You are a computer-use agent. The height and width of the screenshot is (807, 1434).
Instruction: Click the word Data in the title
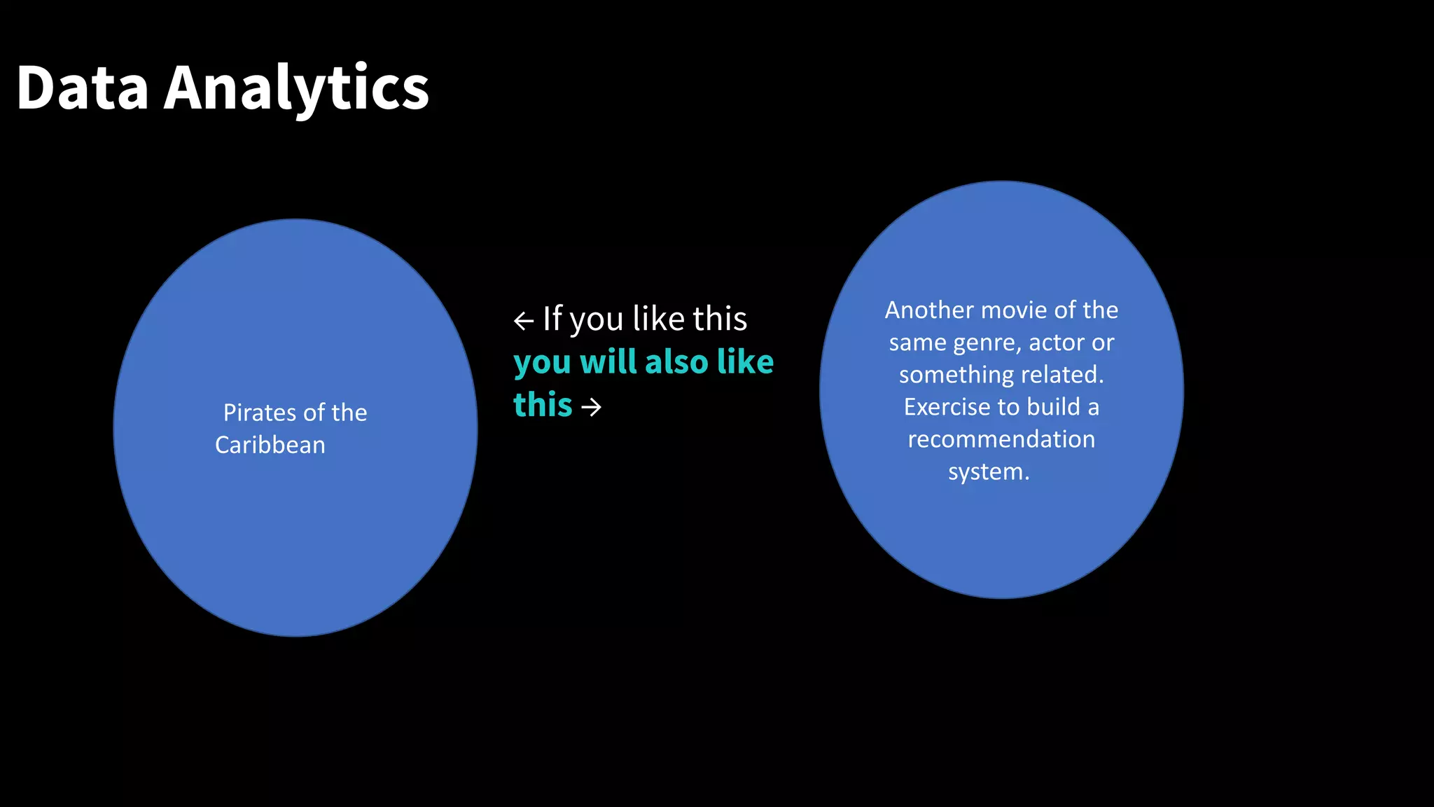pyautogui.click(x=83, y=88)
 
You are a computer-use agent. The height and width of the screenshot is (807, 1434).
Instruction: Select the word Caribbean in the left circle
pyautogui.click(x=270, y=446)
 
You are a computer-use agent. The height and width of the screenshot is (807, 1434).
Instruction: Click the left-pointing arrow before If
pyautogui.click(x=524, y=321)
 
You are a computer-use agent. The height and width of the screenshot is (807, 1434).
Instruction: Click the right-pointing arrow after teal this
pyautogui.click(x=592, y=407)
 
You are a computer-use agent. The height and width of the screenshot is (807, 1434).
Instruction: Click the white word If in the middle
pyautogui.click(x=552, y=319)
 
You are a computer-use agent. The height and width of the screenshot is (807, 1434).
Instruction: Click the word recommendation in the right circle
pyautogui.click(x=1001, y=439)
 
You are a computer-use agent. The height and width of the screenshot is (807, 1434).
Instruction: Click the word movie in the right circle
pyautogui.click(x=1016, y=310)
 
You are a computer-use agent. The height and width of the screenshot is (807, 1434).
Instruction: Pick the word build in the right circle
pyautogui.click(x=1054, y=407)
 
